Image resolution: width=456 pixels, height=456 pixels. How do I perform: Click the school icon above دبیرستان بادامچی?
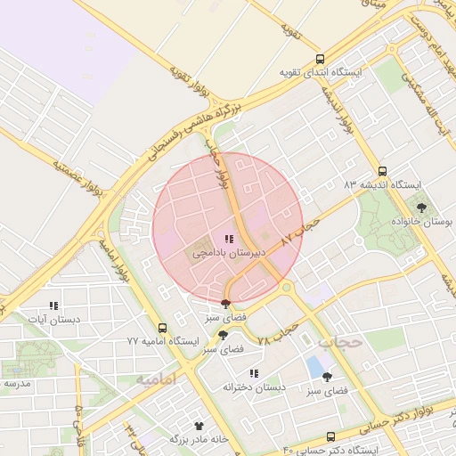[229, 239]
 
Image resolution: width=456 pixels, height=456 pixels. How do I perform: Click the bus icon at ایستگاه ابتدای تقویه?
[320, 59]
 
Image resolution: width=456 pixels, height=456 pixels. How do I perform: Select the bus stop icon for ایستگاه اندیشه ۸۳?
[382, 171]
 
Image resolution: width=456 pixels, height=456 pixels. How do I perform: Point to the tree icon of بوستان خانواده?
[421, 208]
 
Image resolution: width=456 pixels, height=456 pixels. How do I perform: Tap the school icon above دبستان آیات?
[53, 305]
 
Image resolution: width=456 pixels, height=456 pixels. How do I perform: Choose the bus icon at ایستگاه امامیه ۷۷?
[161, 328]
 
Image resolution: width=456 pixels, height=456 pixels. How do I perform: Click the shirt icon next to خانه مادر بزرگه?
[199, 426]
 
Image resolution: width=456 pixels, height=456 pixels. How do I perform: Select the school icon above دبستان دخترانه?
[254, 373]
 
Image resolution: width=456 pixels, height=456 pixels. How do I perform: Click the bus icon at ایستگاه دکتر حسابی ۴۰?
[331, 436]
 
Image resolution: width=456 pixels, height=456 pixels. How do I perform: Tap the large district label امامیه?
[156, 379]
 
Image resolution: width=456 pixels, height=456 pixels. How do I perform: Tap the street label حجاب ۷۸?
[276, 334]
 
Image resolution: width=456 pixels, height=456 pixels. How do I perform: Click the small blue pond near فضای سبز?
[314, 365]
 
